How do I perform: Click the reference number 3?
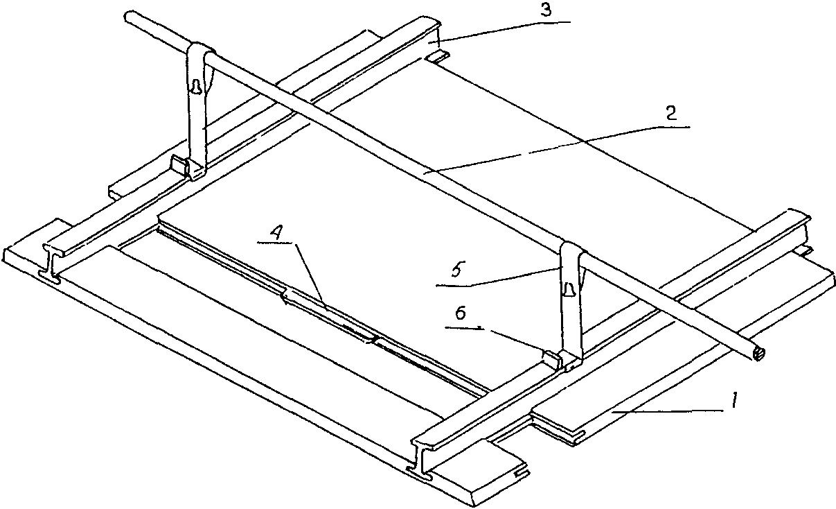tap(546, 10)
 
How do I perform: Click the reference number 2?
tap(671, 113)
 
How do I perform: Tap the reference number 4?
tap(275, 234)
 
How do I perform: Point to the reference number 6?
tap(461, 313)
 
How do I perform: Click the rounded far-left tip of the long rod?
tap(127, 17)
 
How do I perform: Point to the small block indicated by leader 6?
tap(551, 359)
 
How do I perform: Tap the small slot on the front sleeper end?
tap(522, 474)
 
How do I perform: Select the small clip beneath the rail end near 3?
tap(437, 57)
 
